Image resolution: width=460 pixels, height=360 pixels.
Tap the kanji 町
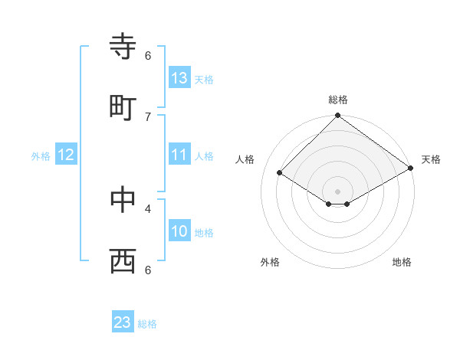coord(123,107)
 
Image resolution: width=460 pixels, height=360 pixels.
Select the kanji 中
coord(123,199)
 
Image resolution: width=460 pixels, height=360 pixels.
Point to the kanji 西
coord(123,260)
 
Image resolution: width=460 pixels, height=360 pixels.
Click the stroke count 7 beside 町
coord(148,116)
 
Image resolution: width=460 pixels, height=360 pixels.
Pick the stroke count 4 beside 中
coord(148,208)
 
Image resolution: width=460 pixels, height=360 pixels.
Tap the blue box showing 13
coord(179,78)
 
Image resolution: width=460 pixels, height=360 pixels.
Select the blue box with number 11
coord(179,155)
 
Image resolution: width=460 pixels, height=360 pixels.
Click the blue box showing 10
coord(179,232)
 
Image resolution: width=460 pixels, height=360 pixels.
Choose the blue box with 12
coord(66,155)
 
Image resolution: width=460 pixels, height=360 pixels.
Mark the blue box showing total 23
coord(123,322)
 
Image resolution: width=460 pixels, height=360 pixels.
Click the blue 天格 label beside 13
coord(204,79)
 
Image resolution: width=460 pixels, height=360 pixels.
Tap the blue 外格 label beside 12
coord(41,156)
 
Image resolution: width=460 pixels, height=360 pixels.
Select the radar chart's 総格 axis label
coord(338,100)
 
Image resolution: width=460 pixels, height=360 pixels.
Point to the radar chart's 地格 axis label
coord(402,262)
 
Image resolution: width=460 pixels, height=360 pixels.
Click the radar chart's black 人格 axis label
coord(245,159)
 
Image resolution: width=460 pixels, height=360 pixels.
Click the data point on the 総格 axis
coord(338,116)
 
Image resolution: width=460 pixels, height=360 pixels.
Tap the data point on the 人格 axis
coord(280,173)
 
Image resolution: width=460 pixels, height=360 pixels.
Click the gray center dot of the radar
coord(338,191)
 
